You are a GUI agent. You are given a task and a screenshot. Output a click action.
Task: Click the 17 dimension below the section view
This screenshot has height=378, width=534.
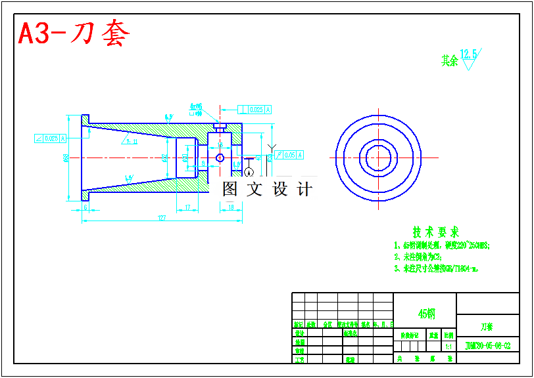tap(188, 207)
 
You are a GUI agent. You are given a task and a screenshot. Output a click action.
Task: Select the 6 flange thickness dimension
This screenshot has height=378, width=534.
tap(85, 207)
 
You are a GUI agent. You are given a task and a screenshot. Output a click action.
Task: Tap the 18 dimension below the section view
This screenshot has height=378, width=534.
tap(231, 207)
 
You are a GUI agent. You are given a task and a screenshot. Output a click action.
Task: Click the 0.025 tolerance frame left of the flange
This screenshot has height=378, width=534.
tap(50, 138)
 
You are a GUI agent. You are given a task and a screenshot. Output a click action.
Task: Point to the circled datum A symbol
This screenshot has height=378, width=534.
tap(249, 172)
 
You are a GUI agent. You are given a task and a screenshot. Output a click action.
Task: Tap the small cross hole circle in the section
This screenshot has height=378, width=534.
tap(220, 157)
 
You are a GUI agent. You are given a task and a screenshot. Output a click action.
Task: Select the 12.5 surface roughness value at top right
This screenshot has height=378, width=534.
tap(470, 53)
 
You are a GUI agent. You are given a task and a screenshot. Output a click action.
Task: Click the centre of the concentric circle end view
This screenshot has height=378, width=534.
tap(378, 157)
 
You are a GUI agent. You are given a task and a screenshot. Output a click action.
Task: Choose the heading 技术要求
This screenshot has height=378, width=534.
tap(435, 232)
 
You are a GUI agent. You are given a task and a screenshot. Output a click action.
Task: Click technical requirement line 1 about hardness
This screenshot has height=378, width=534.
tap(442, 245)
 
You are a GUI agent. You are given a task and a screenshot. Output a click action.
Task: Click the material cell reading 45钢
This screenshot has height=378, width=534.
tap(426, 314)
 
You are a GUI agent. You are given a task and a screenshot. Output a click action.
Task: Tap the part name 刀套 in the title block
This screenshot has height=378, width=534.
tap(486, 326)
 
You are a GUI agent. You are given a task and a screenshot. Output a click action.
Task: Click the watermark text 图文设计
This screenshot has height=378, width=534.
tap(267, 189)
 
